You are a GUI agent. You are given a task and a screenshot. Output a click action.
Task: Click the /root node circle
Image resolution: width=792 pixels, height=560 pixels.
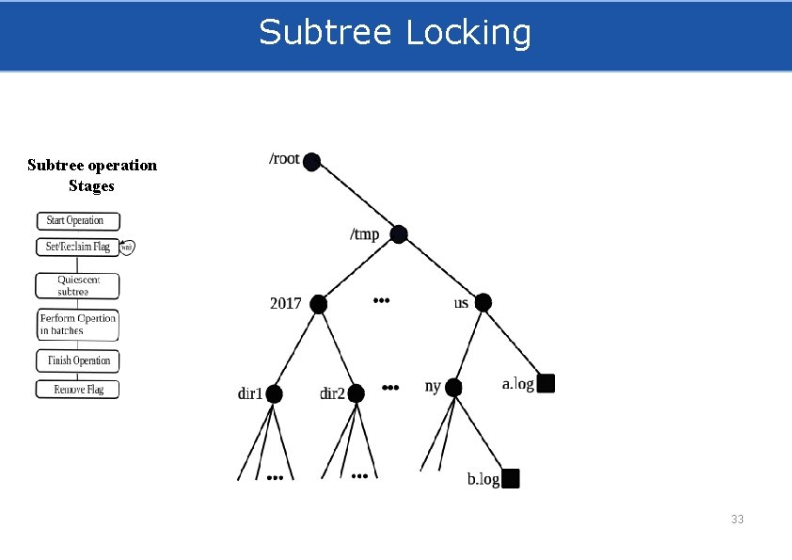[312, 162]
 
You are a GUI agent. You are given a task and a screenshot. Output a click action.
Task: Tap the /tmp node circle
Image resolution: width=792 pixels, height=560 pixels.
[399, 234]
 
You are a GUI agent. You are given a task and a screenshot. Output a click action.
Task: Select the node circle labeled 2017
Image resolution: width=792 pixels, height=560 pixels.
[319, 304]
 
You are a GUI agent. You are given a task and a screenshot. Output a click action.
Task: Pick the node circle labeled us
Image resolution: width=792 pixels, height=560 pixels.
[483, 303]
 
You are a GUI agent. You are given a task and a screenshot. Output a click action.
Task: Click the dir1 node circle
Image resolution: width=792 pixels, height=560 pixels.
[274, 393]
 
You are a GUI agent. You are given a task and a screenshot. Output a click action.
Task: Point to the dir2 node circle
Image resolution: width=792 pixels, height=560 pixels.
[356, 393]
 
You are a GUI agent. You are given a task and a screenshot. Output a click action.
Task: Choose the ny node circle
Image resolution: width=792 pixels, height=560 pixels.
[453, 387]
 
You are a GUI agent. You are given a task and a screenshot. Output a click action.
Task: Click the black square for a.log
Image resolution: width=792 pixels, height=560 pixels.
[546, 383]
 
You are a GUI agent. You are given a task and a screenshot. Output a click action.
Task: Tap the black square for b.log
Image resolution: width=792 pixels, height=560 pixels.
[510, 479]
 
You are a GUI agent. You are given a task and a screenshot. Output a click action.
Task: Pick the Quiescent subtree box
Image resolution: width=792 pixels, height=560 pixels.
[77, 285]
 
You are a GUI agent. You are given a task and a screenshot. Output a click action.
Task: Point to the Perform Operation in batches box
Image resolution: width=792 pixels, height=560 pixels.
[77, 325]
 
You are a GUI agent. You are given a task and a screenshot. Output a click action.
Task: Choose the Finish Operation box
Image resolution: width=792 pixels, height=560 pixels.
[77, 360]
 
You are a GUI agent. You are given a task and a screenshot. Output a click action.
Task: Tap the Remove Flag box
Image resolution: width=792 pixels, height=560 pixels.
[77, 389]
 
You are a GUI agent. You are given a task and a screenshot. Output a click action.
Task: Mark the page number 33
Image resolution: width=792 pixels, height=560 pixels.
[737, 520]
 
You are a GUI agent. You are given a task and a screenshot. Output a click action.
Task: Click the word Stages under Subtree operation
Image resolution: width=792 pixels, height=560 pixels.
[91, 186]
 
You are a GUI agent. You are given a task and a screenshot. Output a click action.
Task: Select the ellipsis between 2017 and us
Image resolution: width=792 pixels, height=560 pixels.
[381, 301]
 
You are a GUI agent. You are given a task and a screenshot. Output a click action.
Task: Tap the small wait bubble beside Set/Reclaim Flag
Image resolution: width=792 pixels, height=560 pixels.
[126, 248]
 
